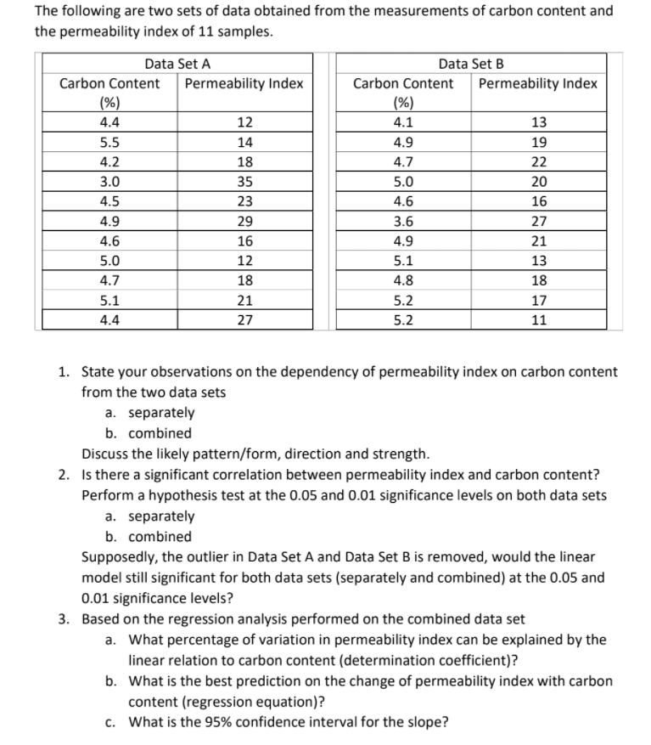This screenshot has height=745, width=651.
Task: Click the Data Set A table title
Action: click(177, 63)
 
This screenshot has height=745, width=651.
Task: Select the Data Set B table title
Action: click(471, 63)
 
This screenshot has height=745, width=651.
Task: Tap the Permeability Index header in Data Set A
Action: click(244, 83)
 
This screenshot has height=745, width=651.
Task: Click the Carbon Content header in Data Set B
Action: click(402, 83)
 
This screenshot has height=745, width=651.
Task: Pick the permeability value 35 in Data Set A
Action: click(244, 181)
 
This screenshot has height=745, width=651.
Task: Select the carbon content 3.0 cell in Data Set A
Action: click(109, 181)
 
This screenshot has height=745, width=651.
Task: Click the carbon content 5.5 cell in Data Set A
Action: click(109, 142)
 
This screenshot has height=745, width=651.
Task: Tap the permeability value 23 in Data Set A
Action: click(244, 201)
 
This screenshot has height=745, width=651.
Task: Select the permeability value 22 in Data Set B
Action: click(537, 161)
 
